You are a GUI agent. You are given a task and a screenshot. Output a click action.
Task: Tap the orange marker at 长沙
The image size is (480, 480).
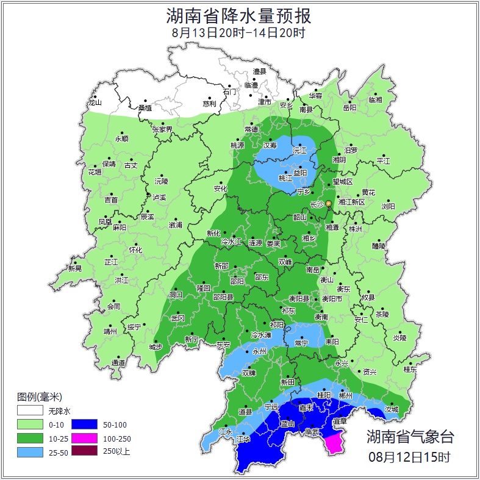328,203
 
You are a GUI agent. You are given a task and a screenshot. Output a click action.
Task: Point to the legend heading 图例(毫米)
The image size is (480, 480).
40,396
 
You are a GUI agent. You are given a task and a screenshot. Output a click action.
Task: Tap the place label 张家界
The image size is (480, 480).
162,129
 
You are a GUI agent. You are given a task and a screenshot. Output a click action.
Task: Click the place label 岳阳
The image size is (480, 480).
349,108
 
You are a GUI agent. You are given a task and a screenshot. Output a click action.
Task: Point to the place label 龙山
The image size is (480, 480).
95,102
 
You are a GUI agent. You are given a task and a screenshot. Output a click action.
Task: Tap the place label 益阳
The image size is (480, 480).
301,173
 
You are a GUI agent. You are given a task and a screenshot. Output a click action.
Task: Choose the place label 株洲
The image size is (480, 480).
356,229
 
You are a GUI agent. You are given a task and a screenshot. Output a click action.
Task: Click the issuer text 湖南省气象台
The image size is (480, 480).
410,436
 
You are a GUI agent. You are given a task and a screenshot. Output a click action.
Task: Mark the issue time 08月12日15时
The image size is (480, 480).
410,456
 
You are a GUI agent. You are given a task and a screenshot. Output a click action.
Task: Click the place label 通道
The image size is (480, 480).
118,364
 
